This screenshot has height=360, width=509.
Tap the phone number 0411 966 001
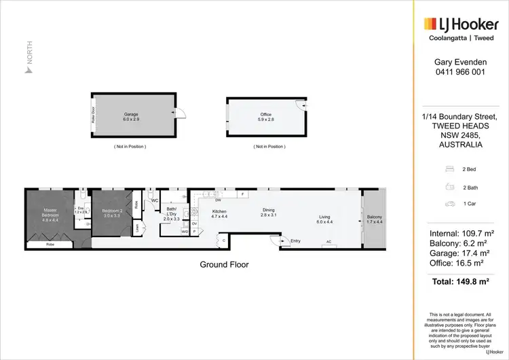pos(459,72)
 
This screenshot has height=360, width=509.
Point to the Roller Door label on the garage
pos(94,115)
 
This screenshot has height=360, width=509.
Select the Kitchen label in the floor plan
pos(219,213)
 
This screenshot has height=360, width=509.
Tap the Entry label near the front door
pos(295,240)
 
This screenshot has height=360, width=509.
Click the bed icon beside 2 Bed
pos(449,168)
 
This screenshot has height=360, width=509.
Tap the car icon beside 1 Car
pos(449,203)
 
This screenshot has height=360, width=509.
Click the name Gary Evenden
pos(459,61)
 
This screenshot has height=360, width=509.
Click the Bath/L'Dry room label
pos(172,214)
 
